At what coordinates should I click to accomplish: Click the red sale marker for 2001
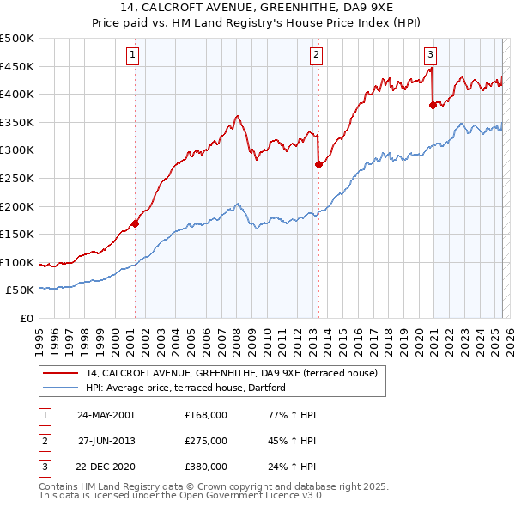click(135, 224)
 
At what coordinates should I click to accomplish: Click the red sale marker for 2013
click(318, 164)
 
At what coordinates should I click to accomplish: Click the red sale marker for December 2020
click(433, 106)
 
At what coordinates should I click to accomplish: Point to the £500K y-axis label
click(17, 39)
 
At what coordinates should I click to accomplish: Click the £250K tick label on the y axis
click(17, 178)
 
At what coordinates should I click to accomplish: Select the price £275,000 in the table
click(205, 441)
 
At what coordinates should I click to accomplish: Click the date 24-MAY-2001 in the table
click(106, 415)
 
